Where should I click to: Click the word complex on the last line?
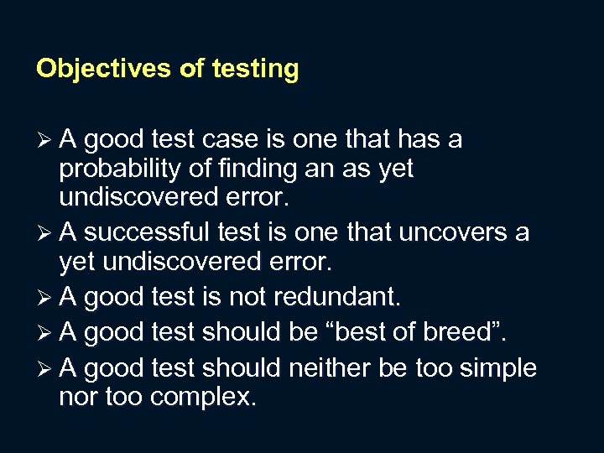pyautogui.click(x=202, y=397)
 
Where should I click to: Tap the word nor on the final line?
pyautogui.click(x=78, y=398)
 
